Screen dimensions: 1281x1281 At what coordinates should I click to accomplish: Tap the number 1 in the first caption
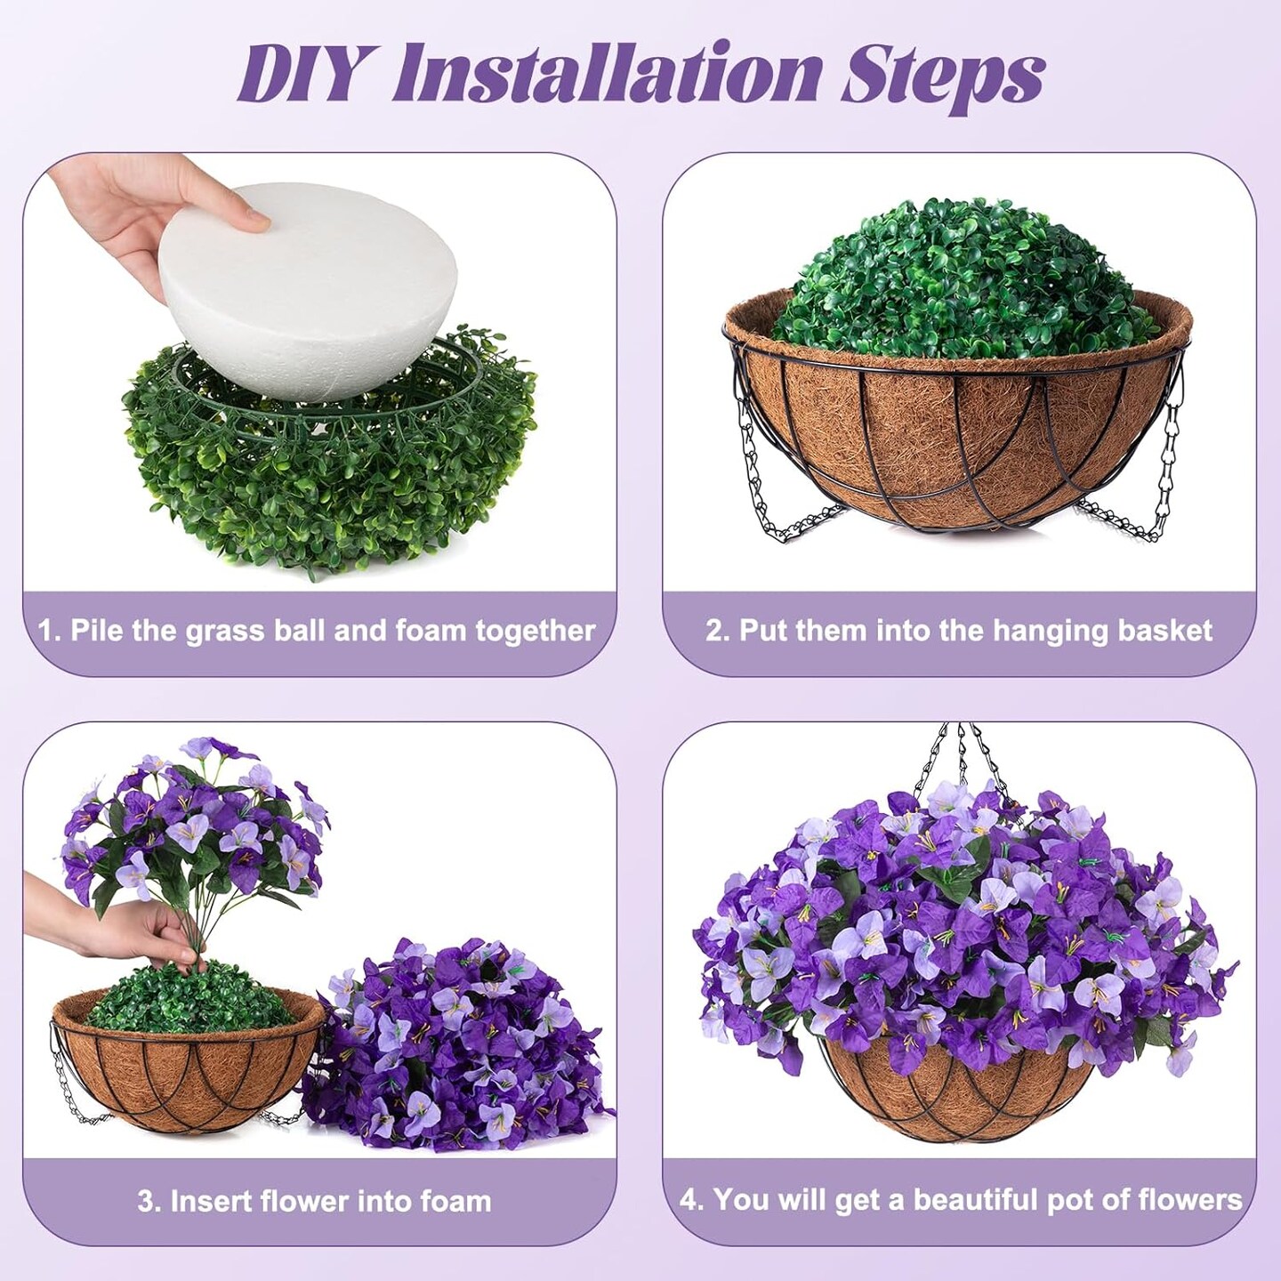click(x=46, y=631)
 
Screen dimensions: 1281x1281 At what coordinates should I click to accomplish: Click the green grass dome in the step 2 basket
click(x=956, y=276)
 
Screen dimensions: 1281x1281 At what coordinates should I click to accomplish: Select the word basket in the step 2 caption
click(x=1165, y=631)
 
